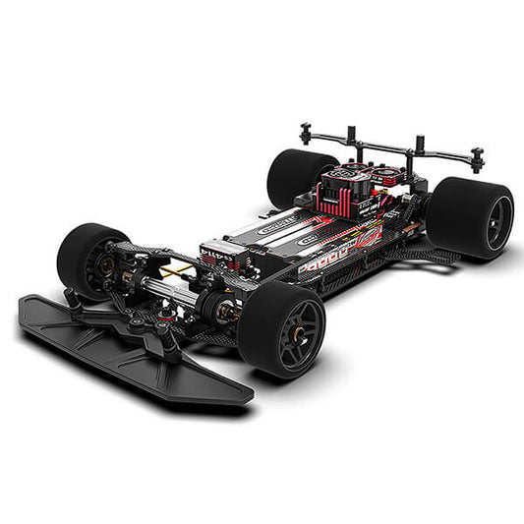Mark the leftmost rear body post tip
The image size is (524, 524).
click(306, 128)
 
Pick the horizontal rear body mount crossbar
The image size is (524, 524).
click(393, 146)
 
